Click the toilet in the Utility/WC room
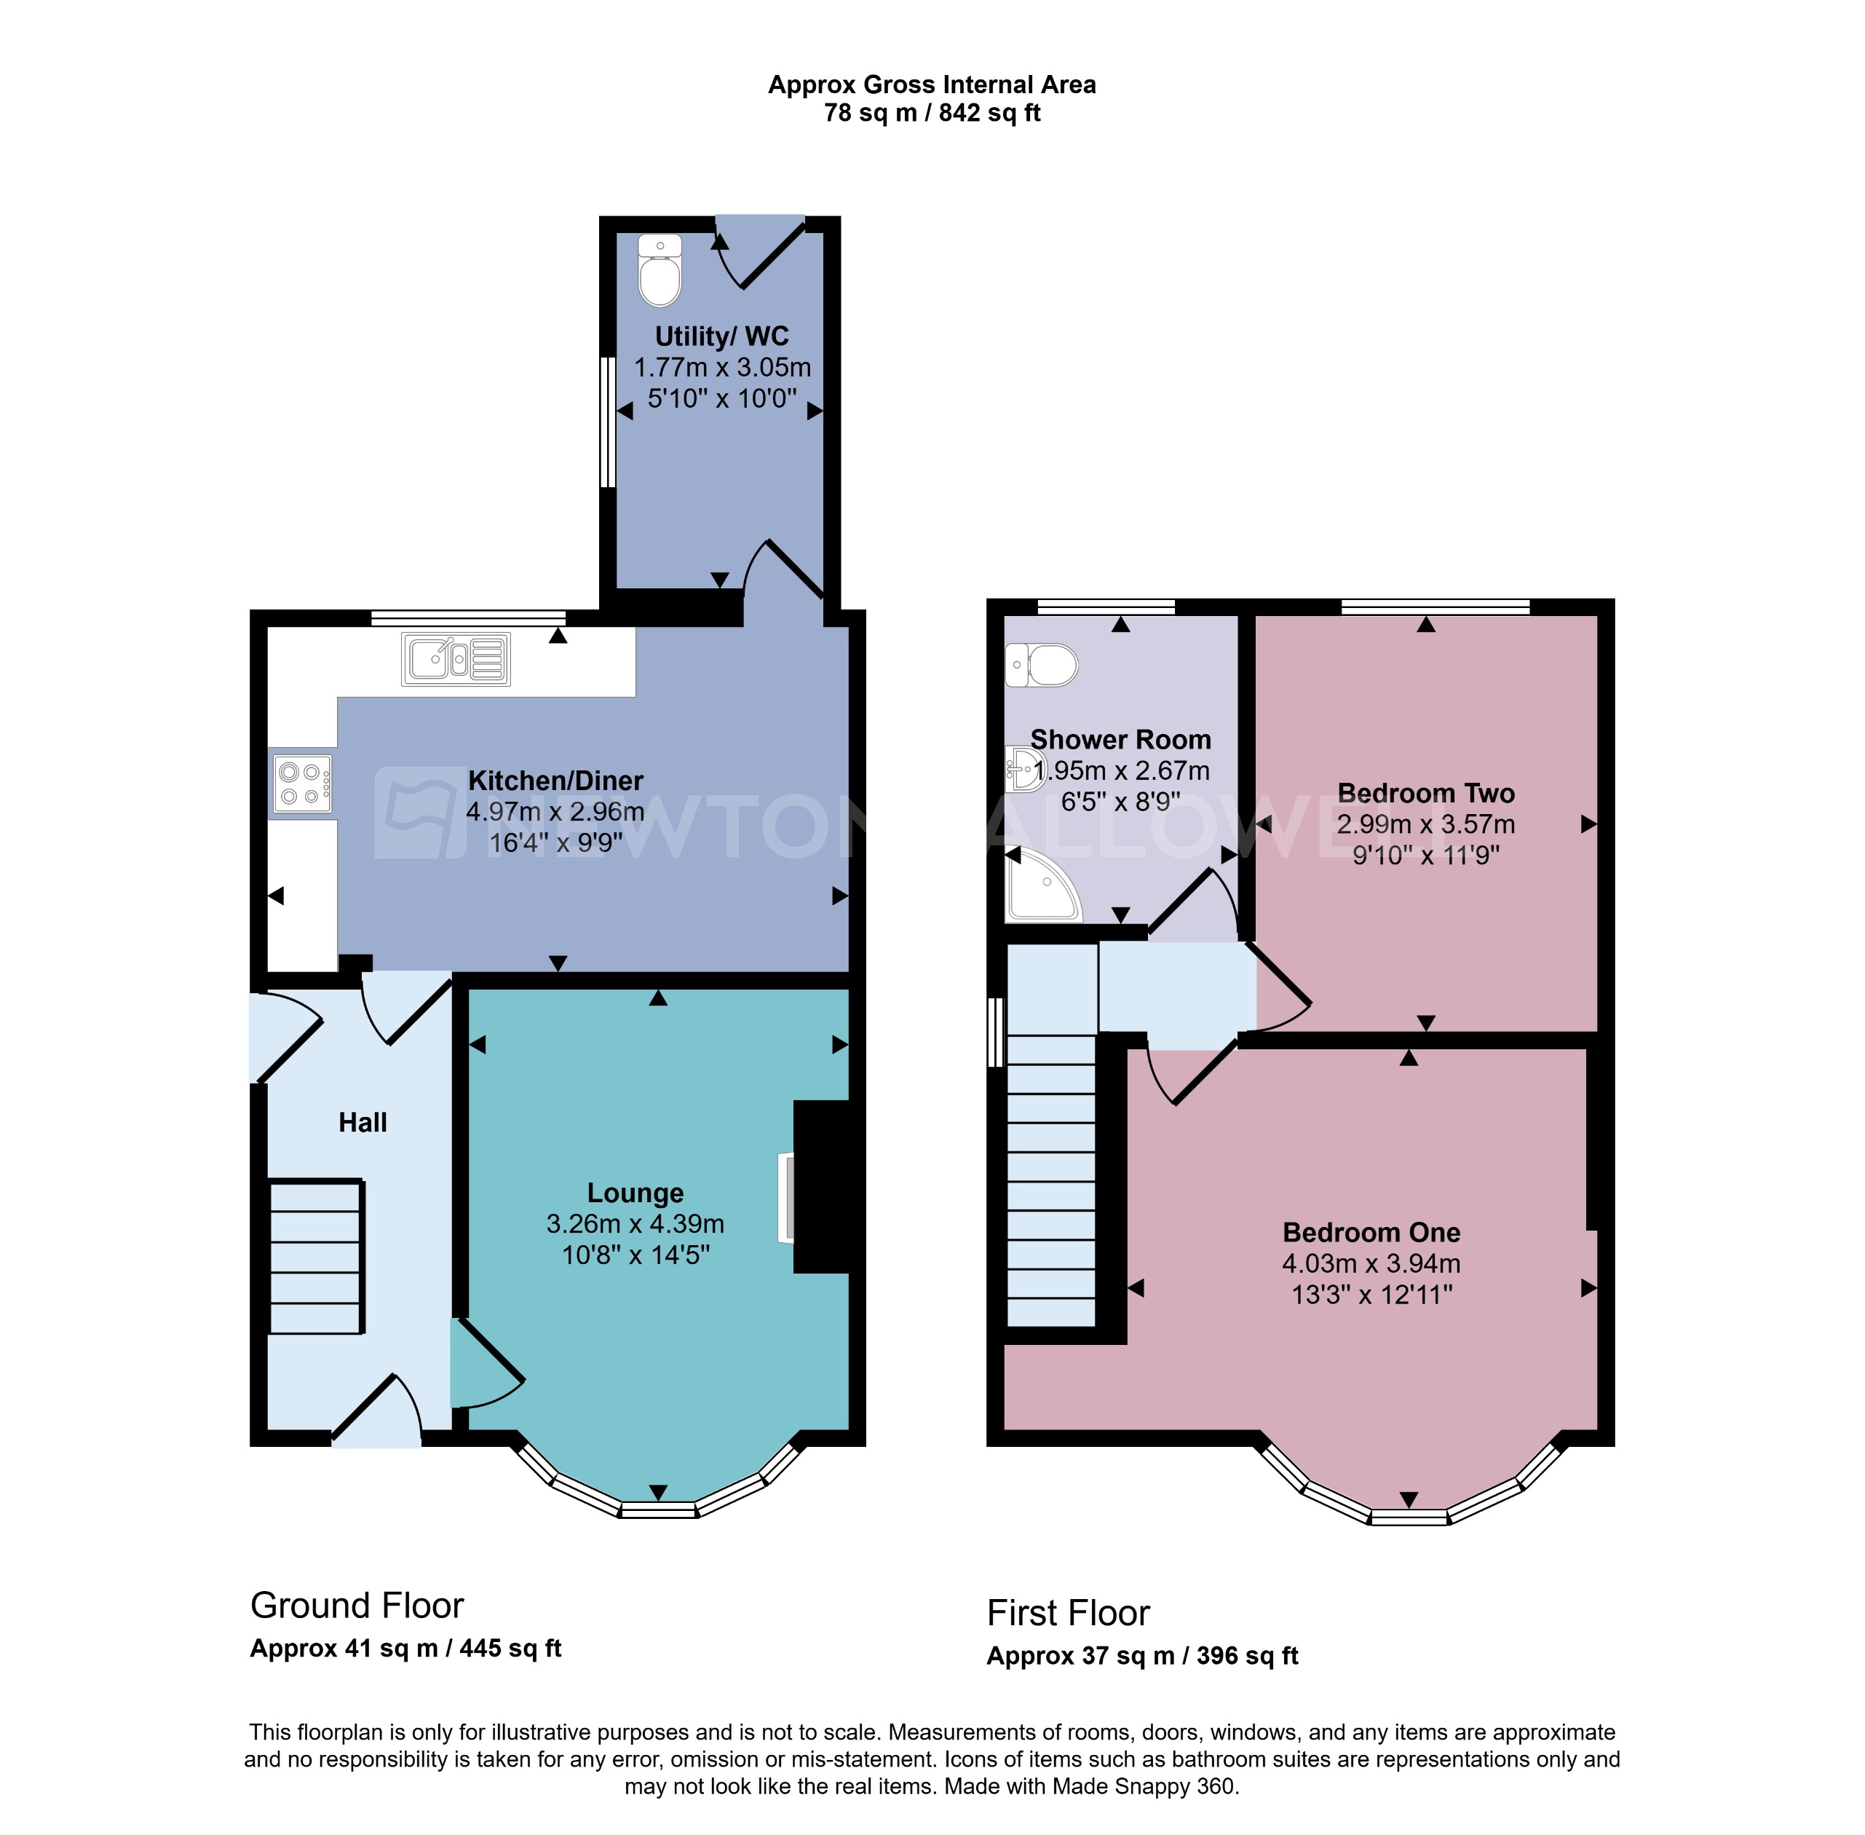tap(660, 271)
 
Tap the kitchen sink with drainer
tap(456, 659)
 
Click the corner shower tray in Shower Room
tap(1040, 887)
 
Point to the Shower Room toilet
tap(1042, 665)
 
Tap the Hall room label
tap(363, 1122)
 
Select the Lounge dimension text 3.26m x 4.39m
tap(635, 1224)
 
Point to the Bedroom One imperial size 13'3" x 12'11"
tap(1371, 1295)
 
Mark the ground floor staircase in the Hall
tap(315, 1258)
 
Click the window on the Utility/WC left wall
tap(608, 422)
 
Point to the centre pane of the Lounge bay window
tap(658, 1510)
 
